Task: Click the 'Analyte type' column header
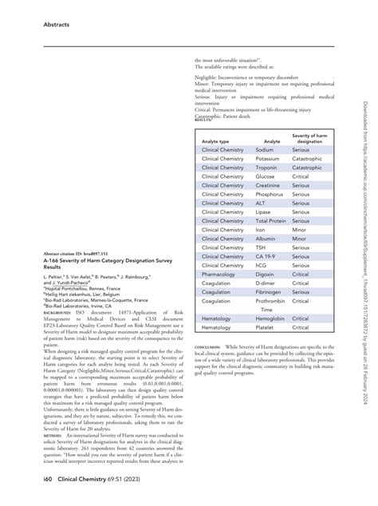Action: coord(216,140)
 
